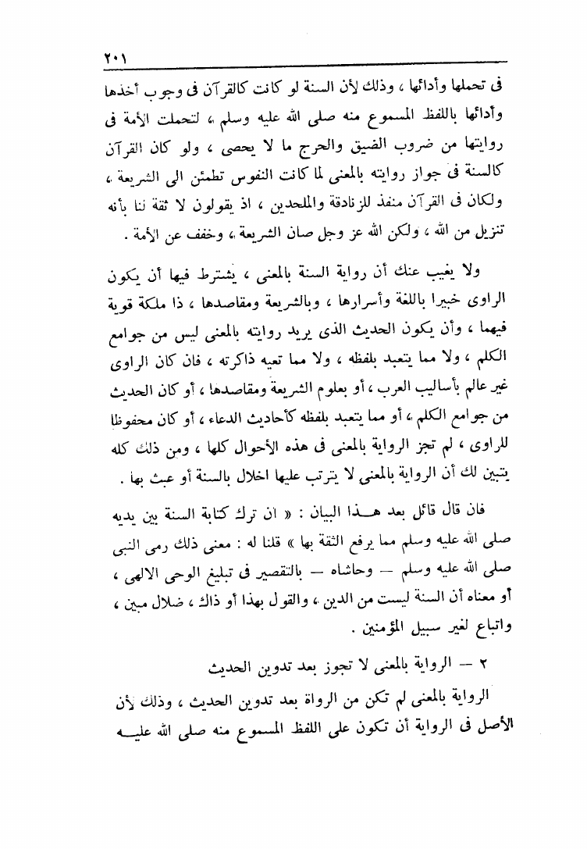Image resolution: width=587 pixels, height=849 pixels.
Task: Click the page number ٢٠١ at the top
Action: click(116, 58)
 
